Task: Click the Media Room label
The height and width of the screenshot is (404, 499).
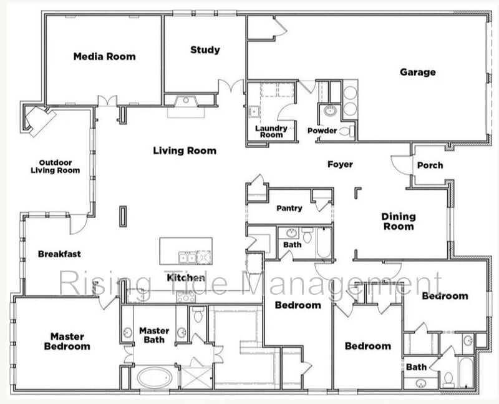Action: tap(104, 56)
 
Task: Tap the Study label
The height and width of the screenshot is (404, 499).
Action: tap(205, 49)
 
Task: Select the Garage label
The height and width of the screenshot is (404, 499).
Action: tap(417, 72)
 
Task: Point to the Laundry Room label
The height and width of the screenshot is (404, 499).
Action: tap(271, 131)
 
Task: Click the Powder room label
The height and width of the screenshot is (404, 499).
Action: tap(322, 131)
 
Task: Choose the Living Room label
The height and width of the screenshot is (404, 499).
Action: tap(185, 150)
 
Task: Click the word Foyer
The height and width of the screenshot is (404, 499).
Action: tap(340, 164)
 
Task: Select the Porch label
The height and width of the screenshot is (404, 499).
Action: tap(430, 165)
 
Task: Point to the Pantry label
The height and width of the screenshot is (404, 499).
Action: tap(289, 208)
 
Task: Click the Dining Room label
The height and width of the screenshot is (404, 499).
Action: tap(398, 221)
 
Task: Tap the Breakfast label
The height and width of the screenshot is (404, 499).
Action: tap(59, 254)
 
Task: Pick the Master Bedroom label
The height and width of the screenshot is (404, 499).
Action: tap(67, 341)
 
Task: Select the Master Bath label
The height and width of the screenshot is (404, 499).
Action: tap(154, 335)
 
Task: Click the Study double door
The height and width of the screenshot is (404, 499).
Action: tap(230, 87)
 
